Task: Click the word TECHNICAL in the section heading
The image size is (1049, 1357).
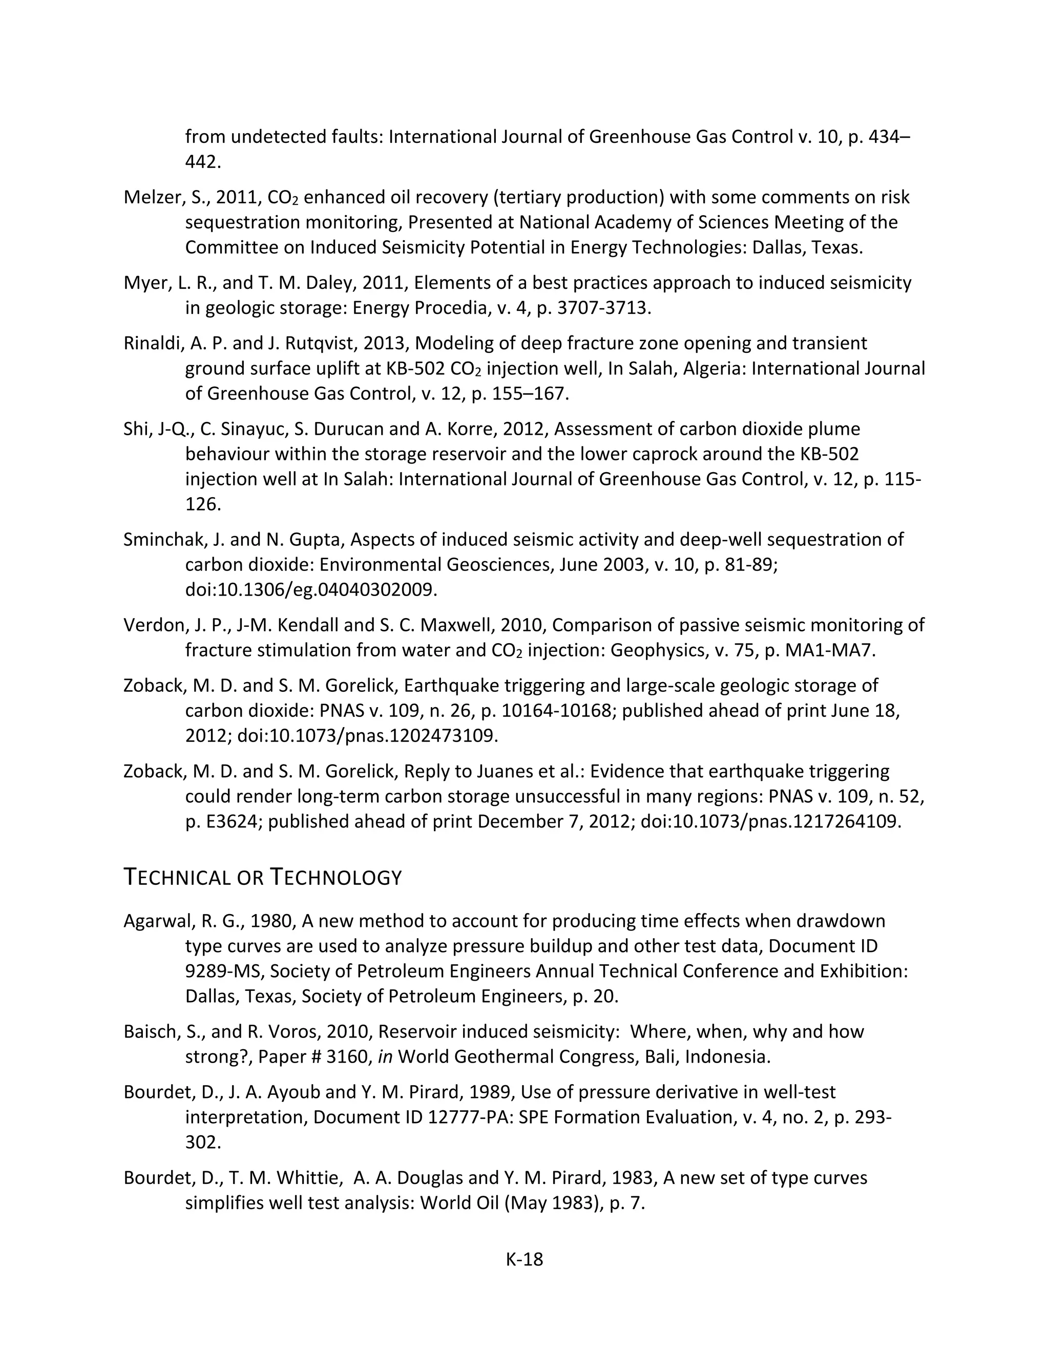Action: click(178, 877)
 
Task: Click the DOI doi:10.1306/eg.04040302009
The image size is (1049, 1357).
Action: click(311, 589)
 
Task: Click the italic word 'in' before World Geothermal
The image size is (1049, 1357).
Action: click(385, 1057)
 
